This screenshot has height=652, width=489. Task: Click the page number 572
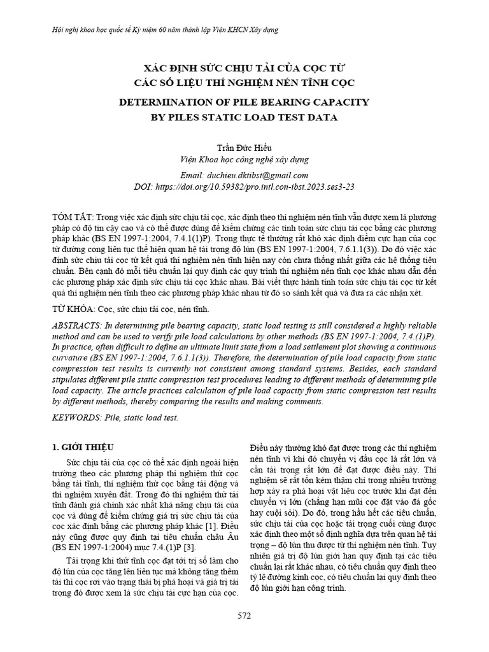click(x=244, y=616)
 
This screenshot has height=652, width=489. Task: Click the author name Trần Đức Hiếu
click(x=244, y=146)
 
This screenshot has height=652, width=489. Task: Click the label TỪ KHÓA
click(x=73, y=308)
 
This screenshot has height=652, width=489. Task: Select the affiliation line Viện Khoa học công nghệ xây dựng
click(x=244, y=159)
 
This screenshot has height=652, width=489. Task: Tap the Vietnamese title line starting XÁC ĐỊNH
click(x=244, y=68)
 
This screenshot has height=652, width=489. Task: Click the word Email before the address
click(x=194, y=175)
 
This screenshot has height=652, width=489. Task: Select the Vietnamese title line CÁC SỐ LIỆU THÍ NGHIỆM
click(x=244, y=83)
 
